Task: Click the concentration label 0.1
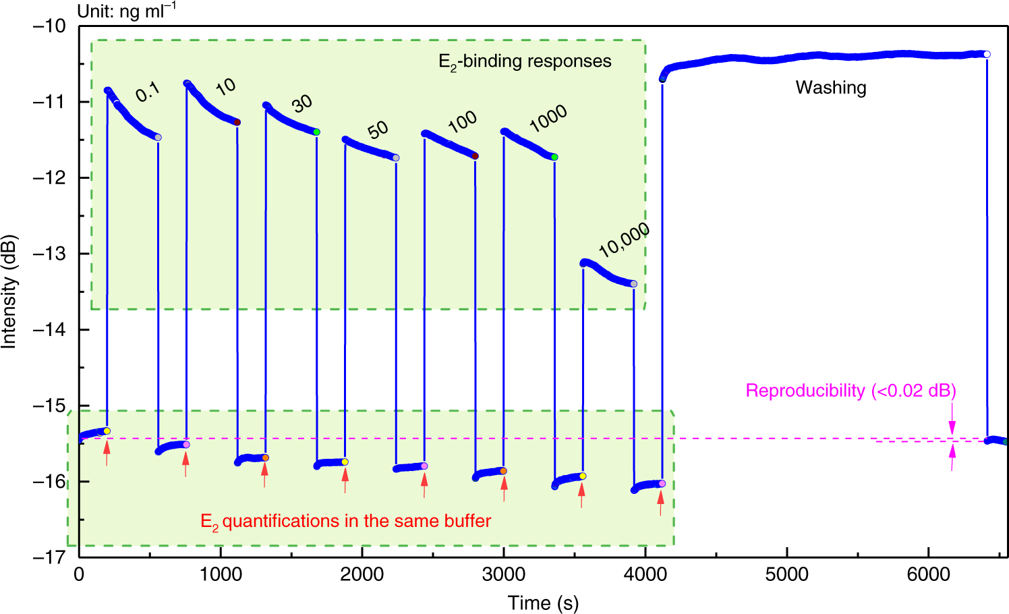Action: pyautogui.click(x=147, y=92)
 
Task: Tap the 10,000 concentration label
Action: pyautogui.click(x=624, y=240)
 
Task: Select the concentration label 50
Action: pyautogui.click(x=378, y=130)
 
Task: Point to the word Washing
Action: pyautogui.click(x=830, y=88)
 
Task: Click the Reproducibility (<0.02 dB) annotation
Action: pyautogui.click(x=851, y=391)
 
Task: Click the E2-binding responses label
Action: pyautogui.click(x=525, y=61)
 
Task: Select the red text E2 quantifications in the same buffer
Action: pyautogui.click(x=345, y=522)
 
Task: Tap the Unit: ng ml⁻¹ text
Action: pyautogui.click(x=127, y=11)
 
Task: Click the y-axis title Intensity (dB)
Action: pyautogui.click(x=9, y=291)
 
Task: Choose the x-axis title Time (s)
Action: pyautogui.click(x=543, y=603)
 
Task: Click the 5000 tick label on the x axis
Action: pyautogui.click(x=786, y=574)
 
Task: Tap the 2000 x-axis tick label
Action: pyautogui.click(x=362, y=574)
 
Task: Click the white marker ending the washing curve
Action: pyautogui.click(x=987, y=54)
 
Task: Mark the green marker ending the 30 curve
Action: pyautogui.click(x=316, y=132)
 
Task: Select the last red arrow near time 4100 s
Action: pyautogui.click(x=661, y=502)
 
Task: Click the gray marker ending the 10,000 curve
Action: pyautogui.click(x=633, y=284)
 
